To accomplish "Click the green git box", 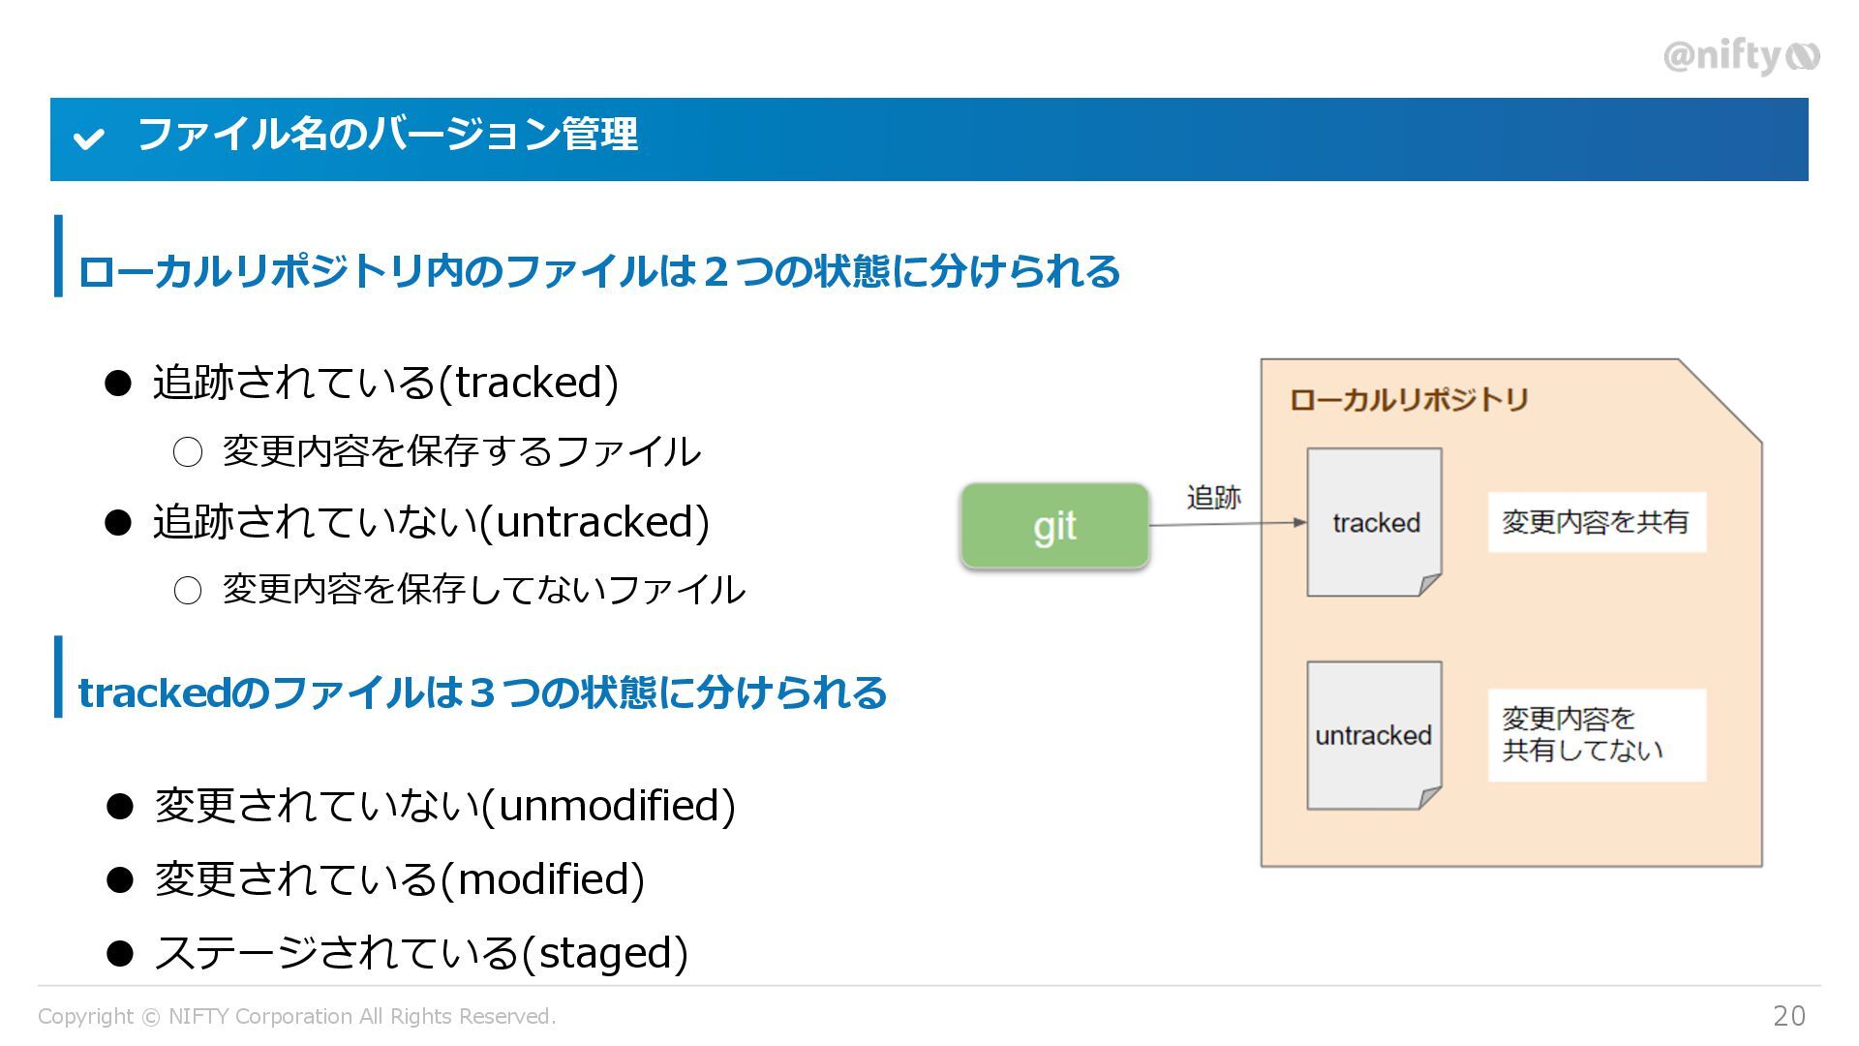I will (x=1054, y=525).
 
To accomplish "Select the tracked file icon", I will (x=1374, y=522).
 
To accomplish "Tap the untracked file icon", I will (x=1374, y=735).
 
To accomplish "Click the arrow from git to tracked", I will (x=1227, y=524).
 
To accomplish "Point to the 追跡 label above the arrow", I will (x=1213, y=497).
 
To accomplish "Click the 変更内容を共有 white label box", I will (x=1596, y=522).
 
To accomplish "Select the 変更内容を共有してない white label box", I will (x=1596, y=734).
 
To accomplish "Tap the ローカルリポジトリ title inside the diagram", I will (x=1409, y=399).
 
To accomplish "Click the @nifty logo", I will (x=1741, y=56).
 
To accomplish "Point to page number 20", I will (x=1789, y=1015).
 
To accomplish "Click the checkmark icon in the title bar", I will (x=88, y=138).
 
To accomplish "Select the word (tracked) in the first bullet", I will (x=529, y=383).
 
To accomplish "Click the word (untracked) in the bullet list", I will (x=595, y=522).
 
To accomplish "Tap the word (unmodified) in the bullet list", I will (x=609, y=806).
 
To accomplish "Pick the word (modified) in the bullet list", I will (x=542, y=879).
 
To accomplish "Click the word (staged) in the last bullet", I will (x=605, y=953).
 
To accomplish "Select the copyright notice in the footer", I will (x=296, y=1016).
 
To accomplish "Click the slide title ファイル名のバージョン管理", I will (x=387, y=135).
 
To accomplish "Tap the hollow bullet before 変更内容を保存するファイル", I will (x=188, y=451).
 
